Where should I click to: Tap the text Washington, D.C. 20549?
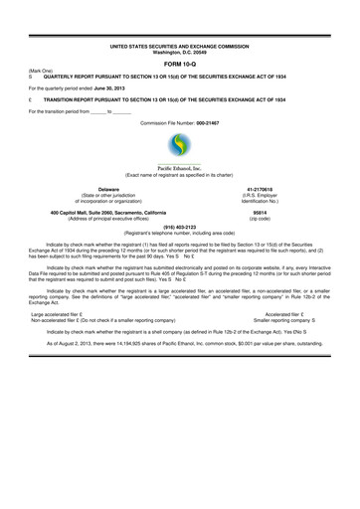point(179,52)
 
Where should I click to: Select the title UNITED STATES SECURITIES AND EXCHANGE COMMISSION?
point(180,46)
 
